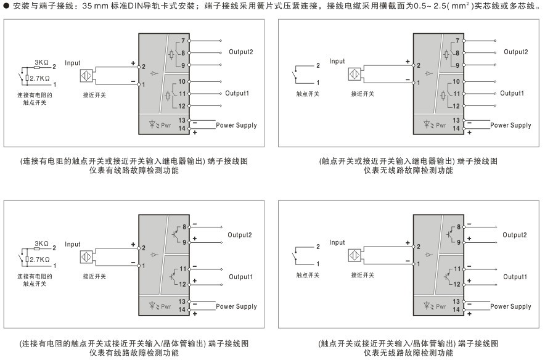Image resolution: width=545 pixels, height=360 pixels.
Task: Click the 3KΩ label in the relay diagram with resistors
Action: click(x=41, y=62)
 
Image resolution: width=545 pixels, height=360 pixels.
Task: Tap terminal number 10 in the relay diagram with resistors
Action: click(x=182, y=81)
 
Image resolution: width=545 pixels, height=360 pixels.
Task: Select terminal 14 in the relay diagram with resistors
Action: click(x=182, y=128)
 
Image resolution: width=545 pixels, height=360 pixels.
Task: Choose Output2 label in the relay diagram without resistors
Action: click(x=516, y=52)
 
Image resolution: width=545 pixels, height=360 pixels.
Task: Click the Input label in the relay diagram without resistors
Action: click(x=337, y=61)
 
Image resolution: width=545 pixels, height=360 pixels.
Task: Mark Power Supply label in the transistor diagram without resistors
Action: click(x=511, y=306)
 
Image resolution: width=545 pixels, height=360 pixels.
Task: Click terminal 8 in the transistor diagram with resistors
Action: click(x=184, y=227)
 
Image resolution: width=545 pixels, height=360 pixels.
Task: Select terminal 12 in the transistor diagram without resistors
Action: click(x=457, y=285)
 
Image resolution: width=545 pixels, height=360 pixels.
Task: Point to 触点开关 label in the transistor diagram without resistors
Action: click(x=308, y=276)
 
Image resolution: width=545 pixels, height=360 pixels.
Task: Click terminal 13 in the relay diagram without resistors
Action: click(x=456, y=120)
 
